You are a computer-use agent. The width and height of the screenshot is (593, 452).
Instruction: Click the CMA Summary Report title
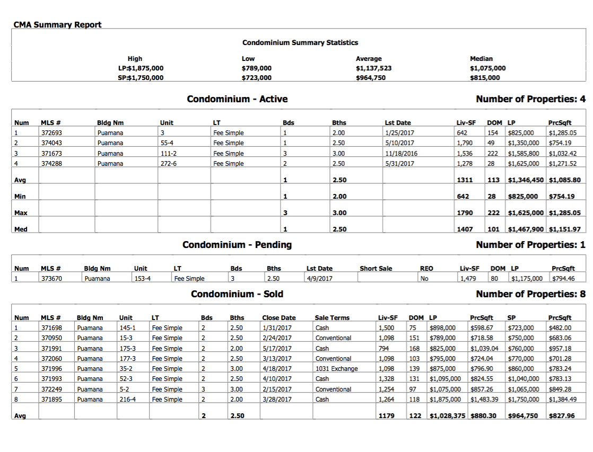tap(57, 24)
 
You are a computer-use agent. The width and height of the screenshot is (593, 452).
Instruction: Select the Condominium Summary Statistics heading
tap(300, 42)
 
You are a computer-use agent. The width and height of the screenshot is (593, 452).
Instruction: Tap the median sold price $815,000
tap(485, 78)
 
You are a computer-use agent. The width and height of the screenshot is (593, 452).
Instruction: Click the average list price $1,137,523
tap(373, 68)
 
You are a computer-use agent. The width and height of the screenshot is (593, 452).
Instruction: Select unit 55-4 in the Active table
tap(168, 143)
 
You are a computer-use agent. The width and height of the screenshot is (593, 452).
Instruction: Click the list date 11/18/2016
tap(401, 154)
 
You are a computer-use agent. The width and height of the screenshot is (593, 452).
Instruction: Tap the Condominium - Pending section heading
tap(237, 245)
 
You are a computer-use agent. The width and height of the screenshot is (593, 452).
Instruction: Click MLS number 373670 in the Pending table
tap(51, 279)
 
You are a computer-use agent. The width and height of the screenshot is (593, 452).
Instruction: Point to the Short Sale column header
tap(376, 269)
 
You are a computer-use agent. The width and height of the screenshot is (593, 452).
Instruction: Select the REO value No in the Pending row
tap(424, 279)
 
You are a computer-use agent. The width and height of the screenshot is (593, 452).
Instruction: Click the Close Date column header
tap(278, 318)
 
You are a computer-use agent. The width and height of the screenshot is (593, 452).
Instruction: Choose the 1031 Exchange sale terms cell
tap(336, 369)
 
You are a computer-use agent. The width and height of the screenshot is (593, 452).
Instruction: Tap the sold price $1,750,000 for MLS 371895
tap(523, 400)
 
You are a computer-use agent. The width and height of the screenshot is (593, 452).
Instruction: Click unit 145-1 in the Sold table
tap(127, 328)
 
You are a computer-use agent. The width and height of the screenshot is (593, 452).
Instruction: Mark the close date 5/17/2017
tap(277, 349)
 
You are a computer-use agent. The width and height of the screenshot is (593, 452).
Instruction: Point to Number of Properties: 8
tap(530, 294)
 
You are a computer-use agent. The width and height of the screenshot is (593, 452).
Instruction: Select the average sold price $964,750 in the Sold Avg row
tap(523, 416)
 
